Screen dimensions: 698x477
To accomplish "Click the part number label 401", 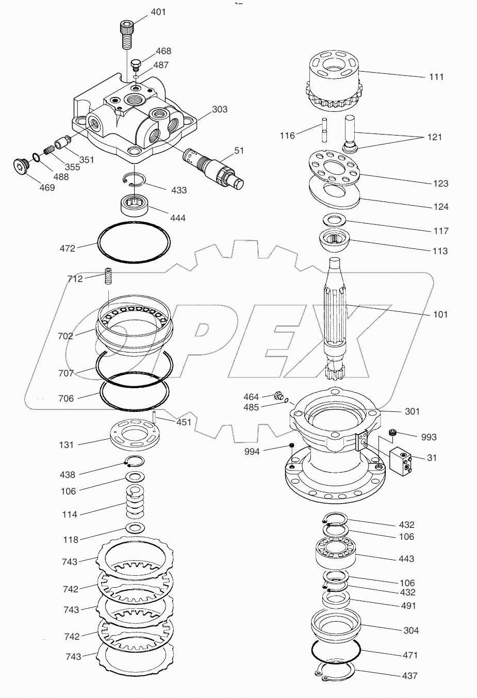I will point(158,12).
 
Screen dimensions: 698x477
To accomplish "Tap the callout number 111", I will point(436,77).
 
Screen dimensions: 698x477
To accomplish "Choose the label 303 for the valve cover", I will point(220,109).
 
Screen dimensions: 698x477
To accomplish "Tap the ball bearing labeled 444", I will point(135,205).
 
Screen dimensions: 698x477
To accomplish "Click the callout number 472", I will point(67,248).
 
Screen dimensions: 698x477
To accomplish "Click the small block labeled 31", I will point(401,460).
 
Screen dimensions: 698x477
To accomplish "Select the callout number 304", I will point(411,630).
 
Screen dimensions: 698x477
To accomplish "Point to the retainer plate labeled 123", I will point(334,167).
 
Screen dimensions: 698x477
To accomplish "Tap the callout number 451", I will point(184,422).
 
